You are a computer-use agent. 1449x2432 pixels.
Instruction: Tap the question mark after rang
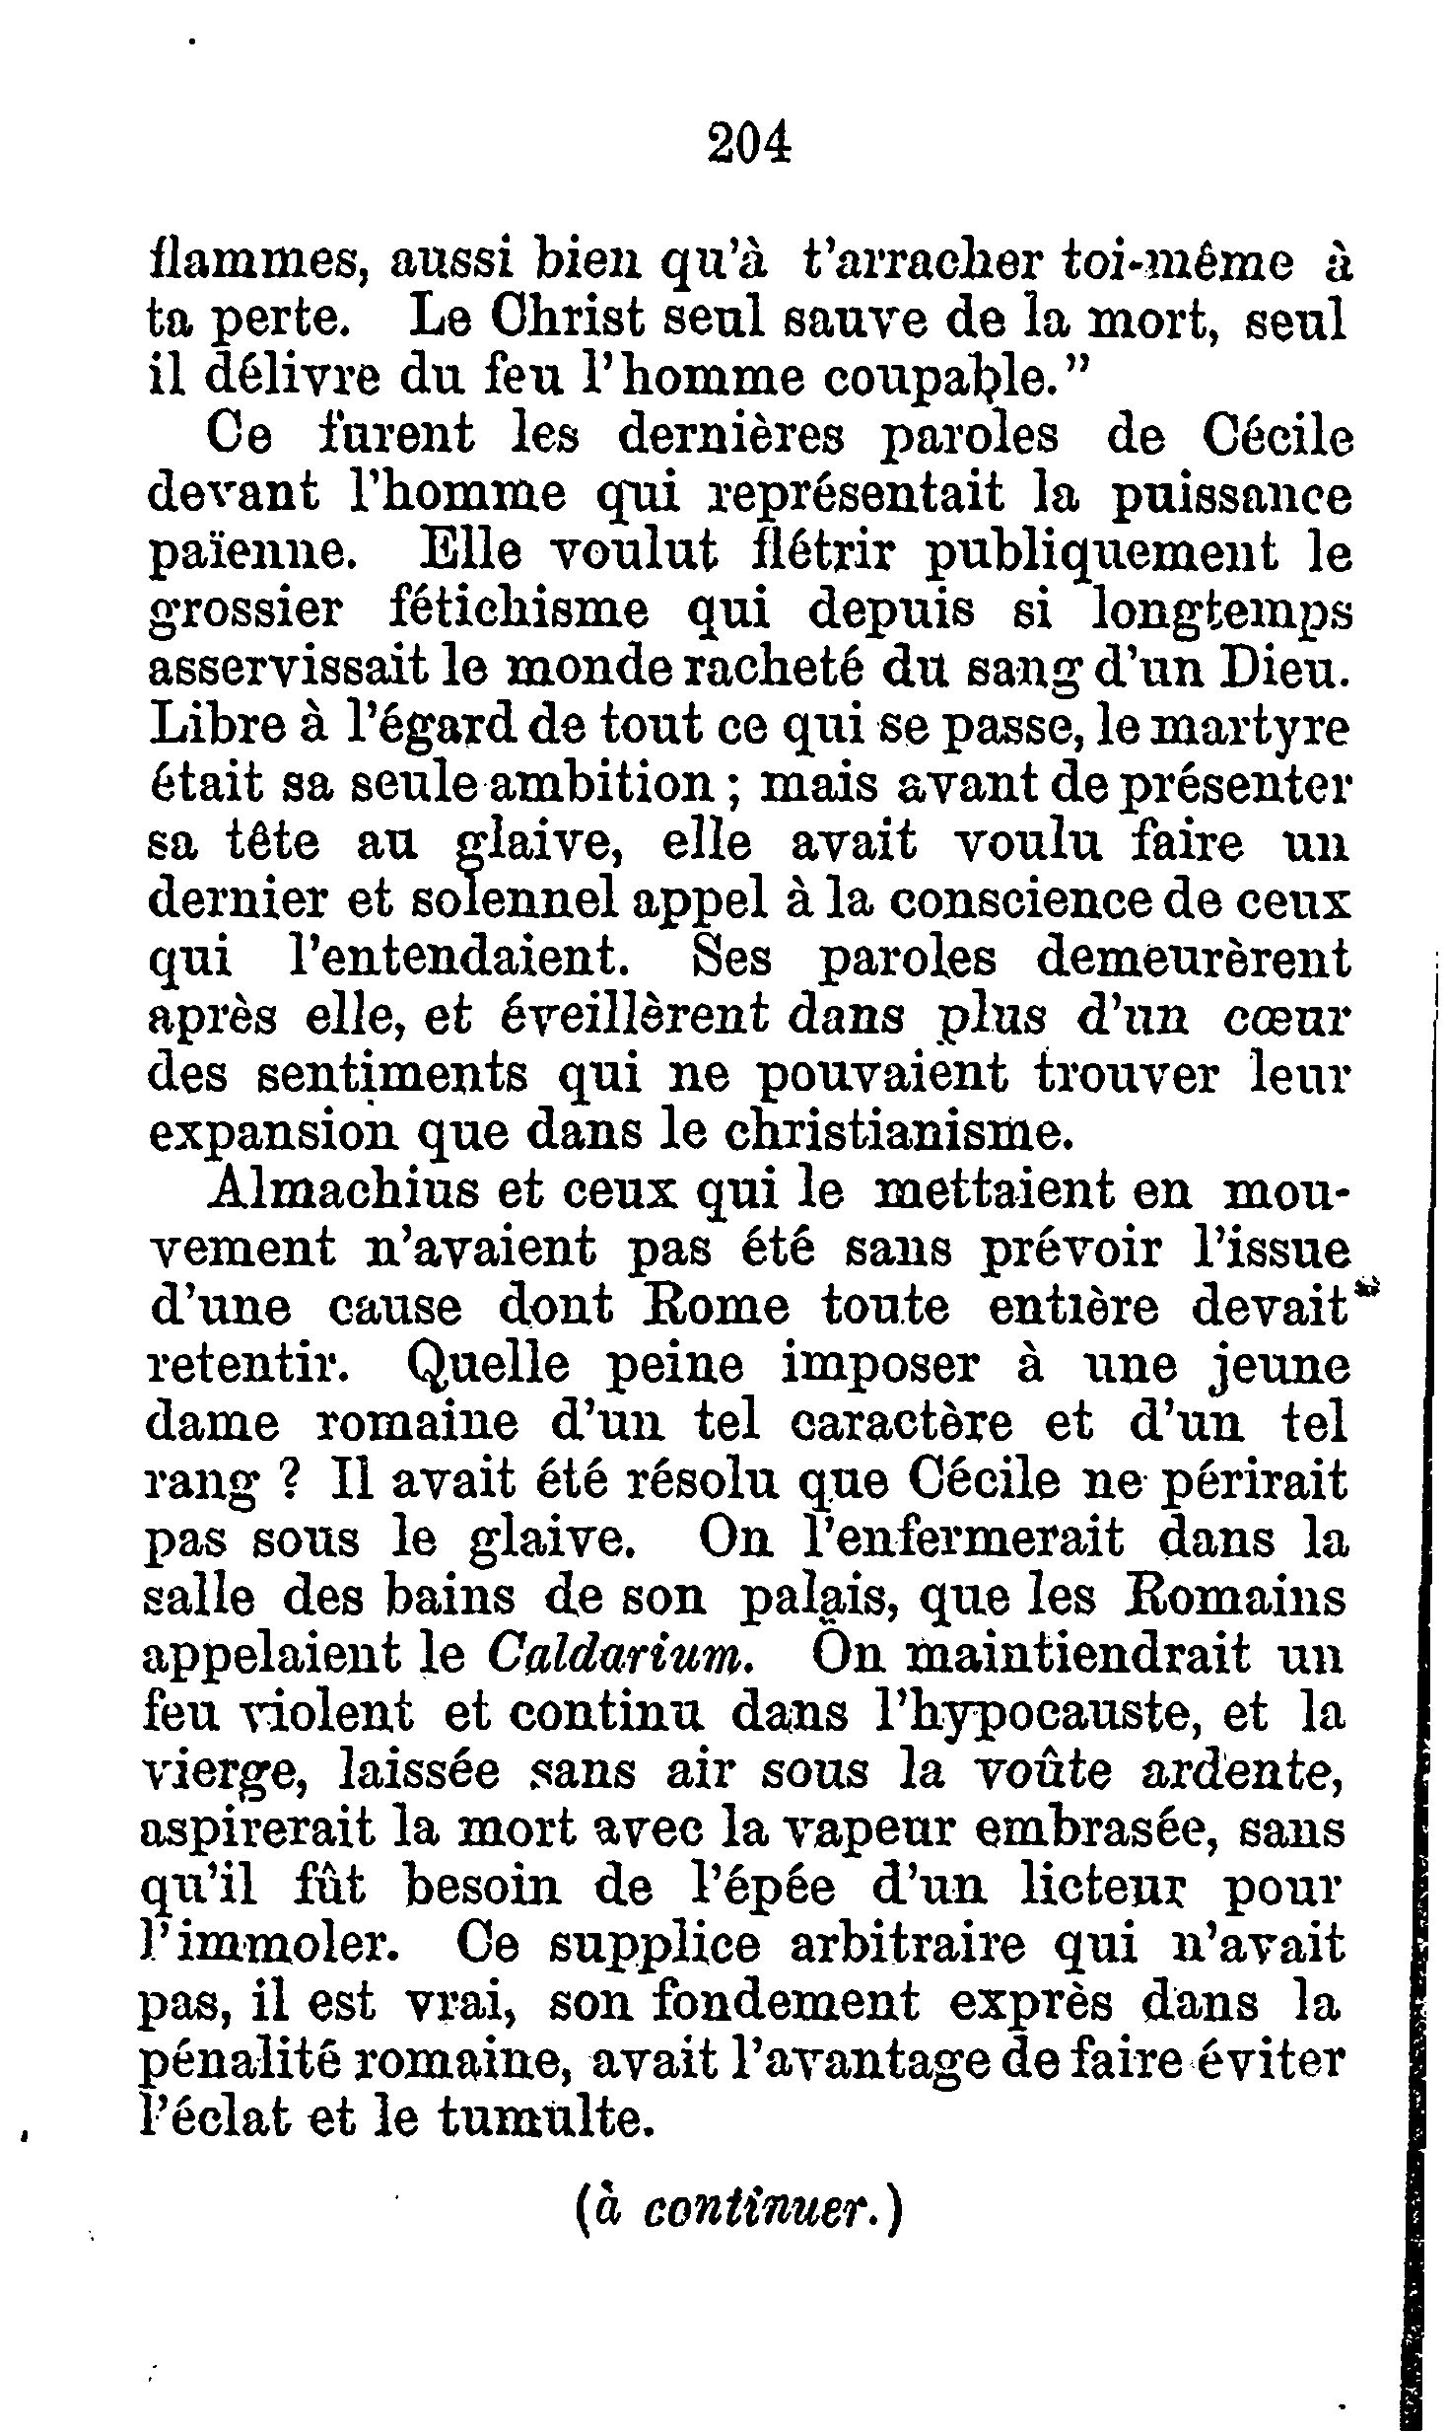tap(291, 1481)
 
